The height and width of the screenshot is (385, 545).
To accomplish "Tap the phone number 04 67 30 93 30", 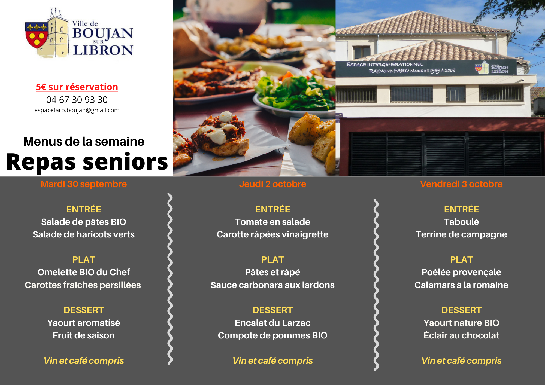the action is [77, 100].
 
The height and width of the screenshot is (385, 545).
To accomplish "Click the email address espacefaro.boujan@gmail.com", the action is [77, 110].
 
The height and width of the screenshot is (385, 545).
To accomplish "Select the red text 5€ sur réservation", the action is [77, 87].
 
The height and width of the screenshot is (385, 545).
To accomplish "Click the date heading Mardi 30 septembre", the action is [84, 184].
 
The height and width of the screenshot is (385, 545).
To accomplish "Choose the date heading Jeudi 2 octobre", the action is [272, 184].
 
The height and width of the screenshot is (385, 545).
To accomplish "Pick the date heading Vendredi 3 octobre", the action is [461, 184].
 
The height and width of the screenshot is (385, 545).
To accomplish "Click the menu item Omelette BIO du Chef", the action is [84, 272].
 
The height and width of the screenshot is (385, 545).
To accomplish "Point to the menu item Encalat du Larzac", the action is [272, 323].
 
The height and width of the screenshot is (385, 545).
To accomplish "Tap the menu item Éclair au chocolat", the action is [461, 335].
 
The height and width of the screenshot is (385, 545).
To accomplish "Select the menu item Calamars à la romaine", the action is [461, 285].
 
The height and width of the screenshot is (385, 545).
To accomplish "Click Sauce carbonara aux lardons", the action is [272, 285].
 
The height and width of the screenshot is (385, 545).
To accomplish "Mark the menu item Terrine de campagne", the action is [461, 235].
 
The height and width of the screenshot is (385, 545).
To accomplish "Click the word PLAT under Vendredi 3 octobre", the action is [461, 260].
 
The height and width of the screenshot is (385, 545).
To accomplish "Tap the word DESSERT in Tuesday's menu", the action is [84, 310].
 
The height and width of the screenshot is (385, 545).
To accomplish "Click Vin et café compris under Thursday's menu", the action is [272, 361].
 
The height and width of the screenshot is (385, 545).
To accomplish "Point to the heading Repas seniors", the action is [87, 162].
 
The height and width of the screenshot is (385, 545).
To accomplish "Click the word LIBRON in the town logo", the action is [103, 50].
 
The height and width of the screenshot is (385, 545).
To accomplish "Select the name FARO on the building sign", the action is [401, 71].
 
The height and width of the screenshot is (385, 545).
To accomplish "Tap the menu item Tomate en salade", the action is [272, 222].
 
